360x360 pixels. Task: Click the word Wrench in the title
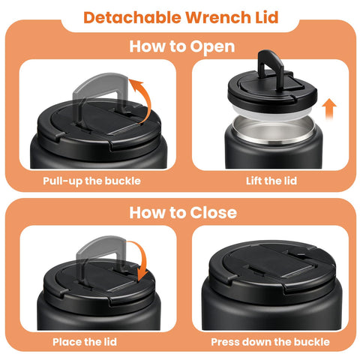click(217, 17)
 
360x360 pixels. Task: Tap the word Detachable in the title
click(132, 17)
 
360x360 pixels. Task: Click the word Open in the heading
click(212, 47)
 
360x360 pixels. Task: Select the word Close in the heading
click(213, 213)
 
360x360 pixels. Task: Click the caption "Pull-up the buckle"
click(91, 181)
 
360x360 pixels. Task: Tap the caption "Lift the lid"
click(271, 181)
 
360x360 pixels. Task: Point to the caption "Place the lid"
click(85, 342)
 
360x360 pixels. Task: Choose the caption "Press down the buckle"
click(270, 342)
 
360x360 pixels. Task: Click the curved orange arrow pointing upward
click(148, 100)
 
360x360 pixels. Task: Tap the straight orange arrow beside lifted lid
click(329, 109)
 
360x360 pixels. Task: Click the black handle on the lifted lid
click(271, 62)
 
